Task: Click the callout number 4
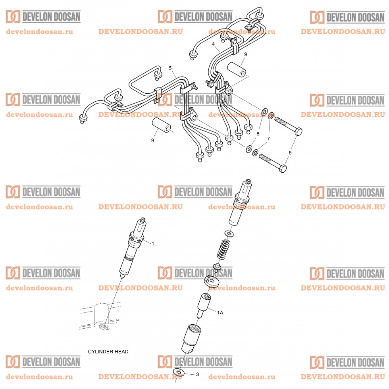click(213, 44)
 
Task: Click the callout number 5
click(170, 69)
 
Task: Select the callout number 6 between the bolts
click(290, 152)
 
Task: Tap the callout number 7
click(268, 139)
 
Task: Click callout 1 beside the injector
click(153, 243)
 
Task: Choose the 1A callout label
click(220, 313)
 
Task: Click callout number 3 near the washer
click(197, 374)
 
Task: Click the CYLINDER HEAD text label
click(108, 352)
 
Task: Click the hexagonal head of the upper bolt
click(298, 131)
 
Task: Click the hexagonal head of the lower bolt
click(283, 168)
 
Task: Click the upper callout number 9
click(245, 54)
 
